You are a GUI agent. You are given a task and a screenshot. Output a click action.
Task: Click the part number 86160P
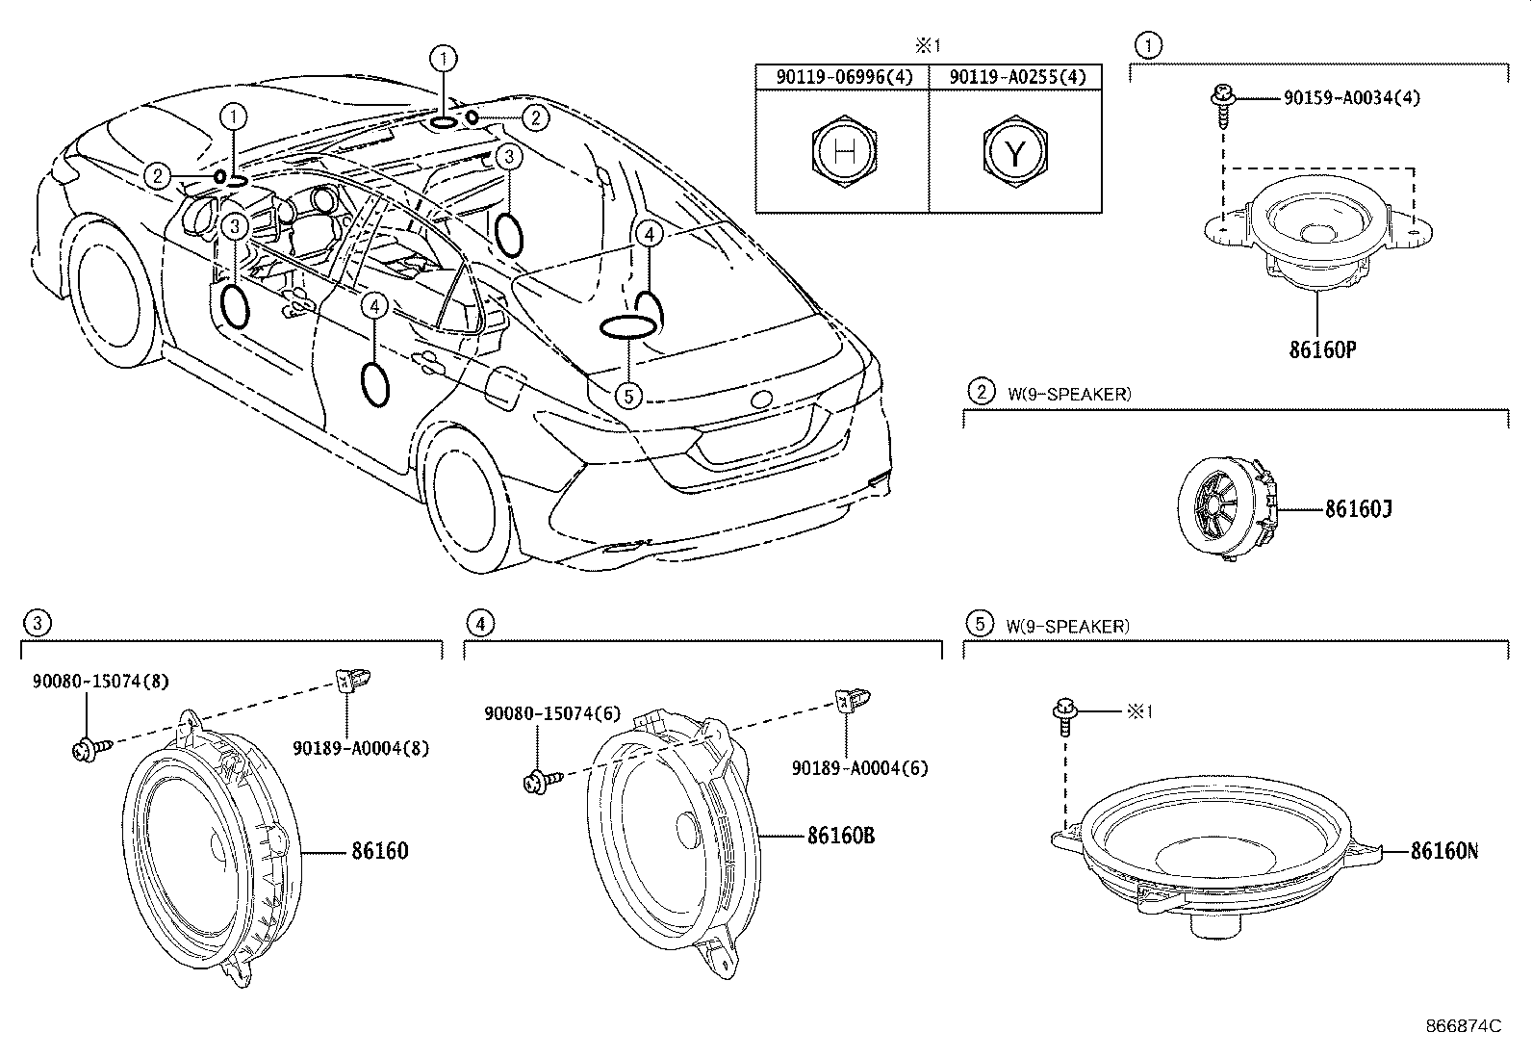tap(1322, 350)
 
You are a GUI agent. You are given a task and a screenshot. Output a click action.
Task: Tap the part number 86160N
tap(1443, 850)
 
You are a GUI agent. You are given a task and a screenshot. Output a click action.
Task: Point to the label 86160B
tap(840, 835)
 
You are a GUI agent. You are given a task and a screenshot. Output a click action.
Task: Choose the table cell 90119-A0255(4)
tap(1015, 77)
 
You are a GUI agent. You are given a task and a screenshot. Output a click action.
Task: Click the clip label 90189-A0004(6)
tap(859, 767)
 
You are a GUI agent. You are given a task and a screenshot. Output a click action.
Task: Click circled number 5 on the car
tap(627, 395)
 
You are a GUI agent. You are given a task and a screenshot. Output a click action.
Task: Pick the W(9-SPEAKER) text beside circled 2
tap(1069, 394)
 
